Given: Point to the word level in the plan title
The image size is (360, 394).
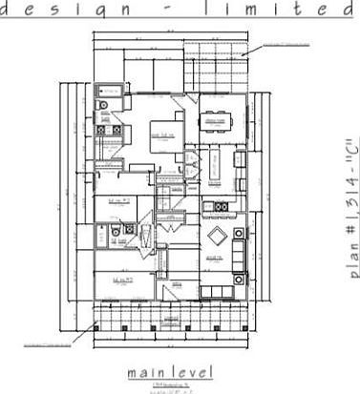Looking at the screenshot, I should (193, 370).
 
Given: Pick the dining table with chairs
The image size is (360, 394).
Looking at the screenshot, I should (217, 121).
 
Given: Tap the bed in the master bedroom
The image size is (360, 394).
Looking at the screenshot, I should (164, 135).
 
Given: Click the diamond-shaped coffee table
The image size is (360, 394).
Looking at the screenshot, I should (216, 237).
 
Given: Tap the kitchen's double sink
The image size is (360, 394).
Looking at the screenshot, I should (220, 206).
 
